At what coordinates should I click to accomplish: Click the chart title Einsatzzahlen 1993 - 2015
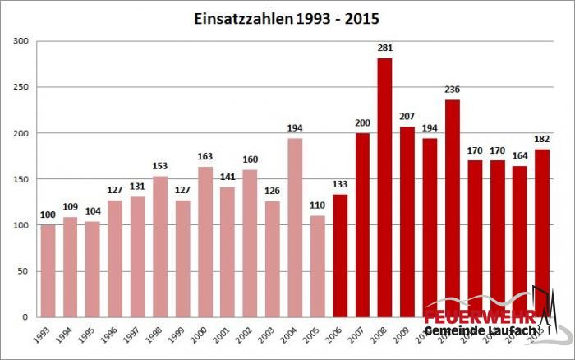[x=287, y=17]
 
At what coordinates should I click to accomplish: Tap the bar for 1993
[x=48, y=270]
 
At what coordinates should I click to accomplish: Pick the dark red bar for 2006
[x=339, y=256]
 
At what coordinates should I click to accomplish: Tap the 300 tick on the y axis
[x=21, y=42]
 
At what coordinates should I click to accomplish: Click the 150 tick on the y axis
[x=21, y=179]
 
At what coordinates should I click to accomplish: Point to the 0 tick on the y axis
[x=26, y=316]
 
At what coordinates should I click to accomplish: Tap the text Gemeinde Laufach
[x=480, y=330]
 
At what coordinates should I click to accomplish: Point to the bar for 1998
[x=160, y=247]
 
